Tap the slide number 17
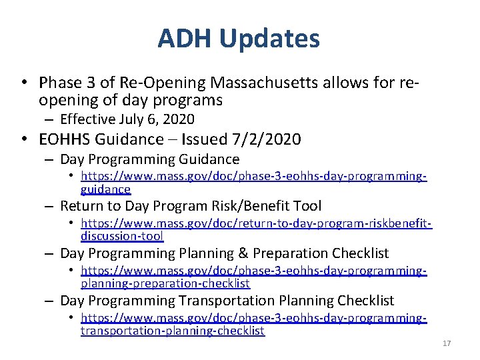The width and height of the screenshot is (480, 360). [x=447, y=343]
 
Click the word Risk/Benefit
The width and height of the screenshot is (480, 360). [x=253, y=206]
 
